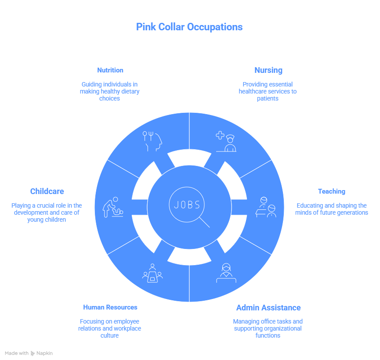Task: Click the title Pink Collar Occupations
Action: coord(189,27)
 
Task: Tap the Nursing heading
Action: coord(268,70)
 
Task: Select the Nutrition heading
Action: coord(110,70)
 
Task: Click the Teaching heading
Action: coord(332,191)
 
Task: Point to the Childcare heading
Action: coord(47,191)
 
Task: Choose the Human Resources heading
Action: coord(110,307)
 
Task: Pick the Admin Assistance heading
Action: coord(268,308)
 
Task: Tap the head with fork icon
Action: coord(152,141)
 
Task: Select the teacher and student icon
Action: coord(266,207)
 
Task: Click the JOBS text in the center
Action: coord(187,205)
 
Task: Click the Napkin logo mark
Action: coord(33,353)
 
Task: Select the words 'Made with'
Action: coord(17,353)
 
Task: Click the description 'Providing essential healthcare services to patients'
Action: coord(268,91)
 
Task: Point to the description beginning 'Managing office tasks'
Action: coord(268,328)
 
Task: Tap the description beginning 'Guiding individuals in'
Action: coord(110,91)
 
